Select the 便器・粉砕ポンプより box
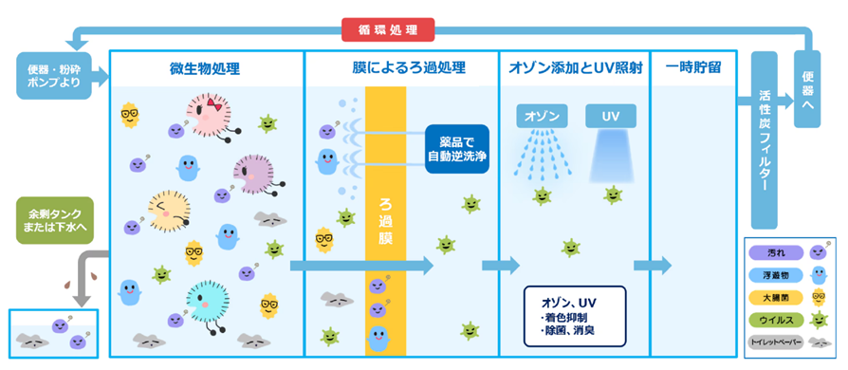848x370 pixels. pyautogui.click(x=55, y=76)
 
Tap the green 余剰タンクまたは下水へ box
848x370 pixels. pyautogui.click(x=55, y=220)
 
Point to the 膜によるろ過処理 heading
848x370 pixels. pyautogui.click(x=402, y=68)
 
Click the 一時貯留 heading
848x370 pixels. pyautogui.click(x=697, y=68)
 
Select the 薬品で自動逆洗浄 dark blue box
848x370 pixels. pyautogui.click(x=456, y=148)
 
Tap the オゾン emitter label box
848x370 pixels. pyautogui.click(x=542, y=117)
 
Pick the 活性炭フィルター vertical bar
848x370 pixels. pyautogui.click(x=764, y=142)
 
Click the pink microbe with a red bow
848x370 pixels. pyautogui.click(x=205, y=112)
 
